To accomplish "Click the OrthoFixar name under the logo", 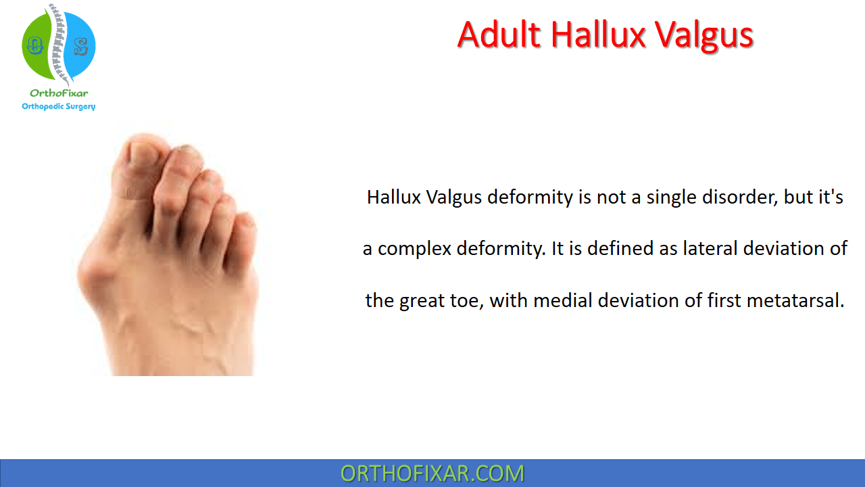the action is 59,93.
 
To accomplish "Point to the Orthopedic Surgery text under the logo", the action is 59,106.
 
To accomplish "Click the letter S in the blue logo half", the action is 80,47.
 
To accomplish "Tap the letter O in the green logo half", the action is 34,45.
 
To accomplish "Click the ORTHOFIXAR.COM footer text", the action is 432,473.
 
